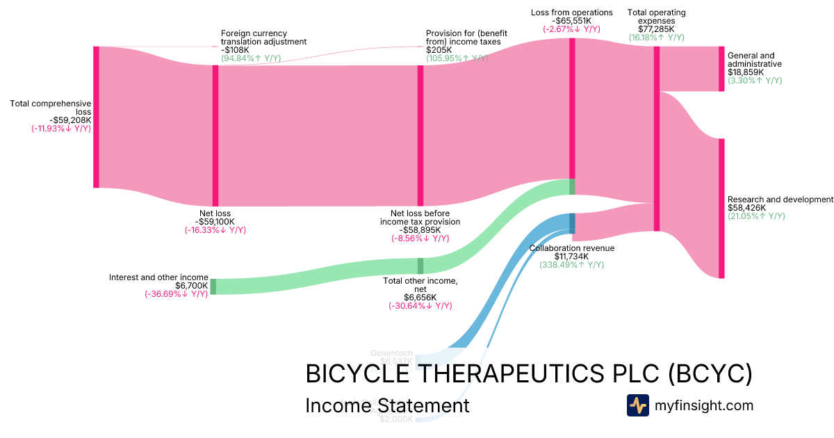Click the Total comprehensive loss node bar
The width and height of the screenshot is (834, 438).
click(x=96, y=117)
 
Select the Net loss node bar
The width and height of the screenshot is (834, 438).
click(x=215, y=136)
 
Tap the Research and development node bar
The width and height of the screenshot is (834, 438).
click(x=721, y=209)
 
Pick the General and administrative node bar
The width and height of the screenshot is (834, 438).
click(x=721, y=69)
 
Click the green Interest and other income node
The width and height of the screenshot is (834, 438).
click(x=213, y=286)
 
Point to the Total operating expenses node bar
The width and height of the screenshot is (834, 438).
click(x=656, y=139)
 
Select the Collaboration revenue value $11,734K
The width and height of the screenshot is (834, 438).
click(x=571, y=257)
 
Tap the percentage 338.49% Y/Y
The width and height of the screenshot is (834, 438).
click(x=571, y=265)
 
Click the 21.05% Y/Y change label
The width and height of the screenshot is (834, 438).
click(x=756, y=216)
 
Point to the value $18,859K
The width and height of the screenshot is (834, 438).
click(x=746, y=72)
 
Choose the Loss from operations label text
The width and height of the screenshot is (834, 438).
click(x=571, y=13)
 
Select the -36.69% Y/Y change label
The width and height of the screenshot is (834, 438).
click(x=176, y=294)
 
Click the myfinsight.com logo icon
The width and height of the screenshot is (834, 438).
click(x=637, y=405)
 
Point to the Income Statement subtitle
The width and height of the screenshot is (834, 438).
click(x=387, y=405)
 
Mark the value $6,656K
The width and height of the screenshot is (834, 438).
click(x=420, y=298)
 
